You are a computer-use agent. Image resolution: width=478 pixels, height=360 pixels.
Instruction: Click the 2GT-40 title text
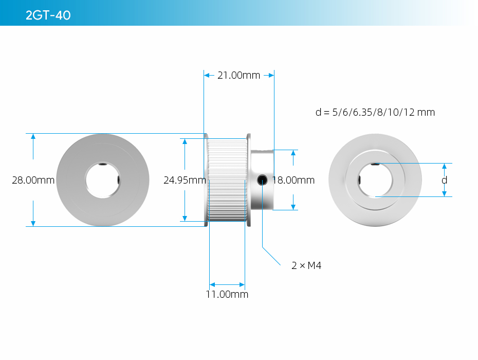[48, 15]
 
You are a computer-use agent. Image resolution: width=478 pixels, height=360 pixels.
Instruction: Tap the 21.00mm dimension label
[238, 76]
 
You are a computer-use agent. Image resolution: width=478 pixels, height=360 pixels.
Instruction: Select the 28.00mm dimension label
[33, 180]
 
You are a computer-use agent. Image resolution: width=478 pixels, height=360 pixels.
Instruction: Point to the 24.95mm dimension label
[185, 180]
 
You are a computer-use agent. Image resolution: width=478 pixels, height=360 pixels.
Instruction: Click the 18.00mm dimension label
[293, 180]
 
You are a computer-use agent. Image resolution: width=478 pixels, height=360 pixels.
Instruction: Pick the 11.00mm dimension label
[227, 294]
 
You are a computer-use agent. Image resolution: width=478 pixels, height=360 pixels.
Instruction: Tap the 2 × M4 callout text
[306, 265]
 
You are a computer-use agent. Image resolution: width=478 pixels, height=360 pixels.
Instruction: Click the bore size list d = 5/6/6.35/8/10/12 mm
[375, 112]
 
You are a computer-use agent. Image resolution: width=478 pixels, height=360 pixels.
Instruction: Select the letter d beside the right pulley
[445, 180]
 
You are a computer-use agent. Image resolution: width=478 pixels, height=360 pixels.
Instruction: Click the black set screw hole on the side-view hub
[262, 180]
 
